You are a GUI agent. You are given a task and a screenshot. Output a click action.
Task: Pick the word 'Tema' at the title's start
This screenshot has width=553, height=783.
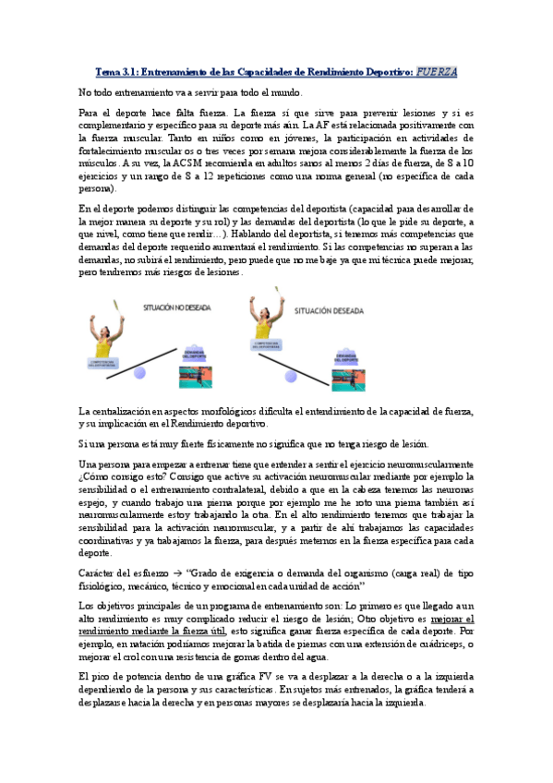(109, 72)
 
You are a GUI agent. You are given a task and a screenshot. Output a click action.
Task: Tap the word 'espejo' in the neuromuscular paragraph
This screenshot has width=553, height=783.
(95, 502)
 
